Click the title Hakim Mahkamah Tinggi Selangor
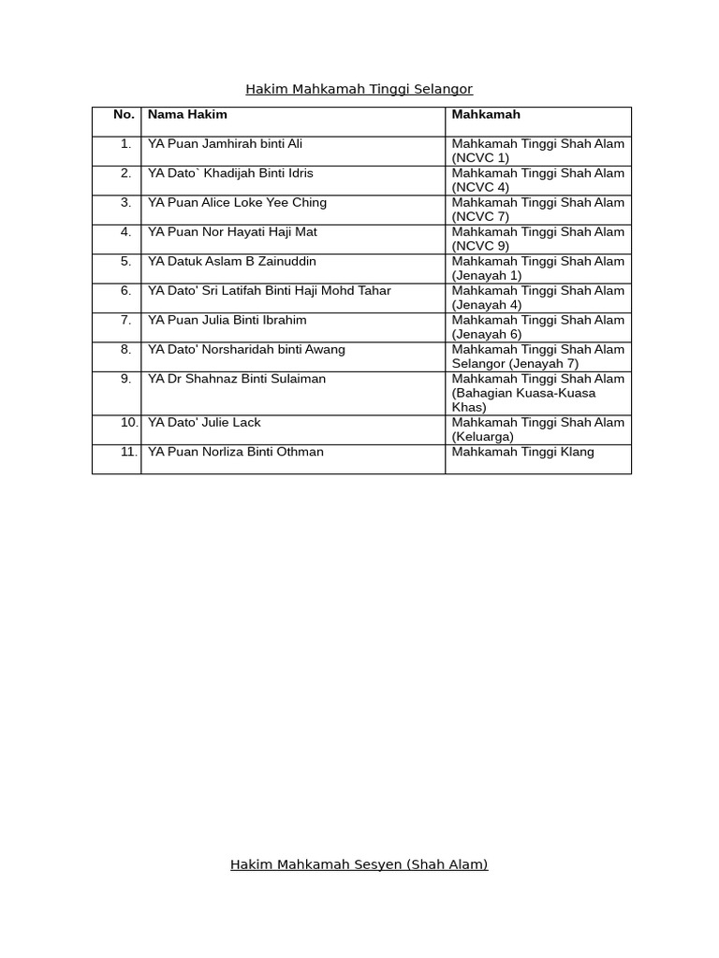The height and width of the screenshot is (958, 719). tap(359, 89)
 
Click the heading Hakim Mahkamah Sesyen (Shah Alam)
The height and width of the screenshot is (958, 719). tap(359, 864)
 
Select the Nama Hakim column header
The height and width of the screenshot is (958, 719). tap(187, 114)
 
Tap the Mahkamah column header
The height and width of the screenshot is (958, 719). tap(486, 114)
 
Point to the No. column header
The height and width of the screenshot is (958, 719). tap(124, 114)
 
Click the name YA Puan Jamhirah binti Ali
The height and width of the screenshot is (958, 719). tap(225, 144)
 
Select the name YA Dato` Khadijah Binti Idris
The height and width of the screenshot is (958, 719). tap(230, 173)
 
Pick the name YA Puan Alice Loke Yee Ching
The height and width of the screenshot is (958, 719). tap(237, 202)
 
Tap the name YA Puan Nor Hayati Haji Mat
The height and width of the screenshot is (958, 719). tap(232, 232)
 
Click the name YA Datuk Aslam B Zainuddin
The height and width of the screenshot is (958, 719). tap(231, 261)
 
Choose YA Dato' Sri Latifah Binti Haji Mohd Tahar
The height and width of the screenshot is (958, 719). tap(269, 291)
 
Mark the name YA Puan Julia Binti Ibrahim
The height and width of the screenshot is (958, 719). tap(227, 320)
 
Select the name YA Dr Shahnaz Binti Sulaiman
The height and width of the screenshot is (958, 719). tap(237, 379)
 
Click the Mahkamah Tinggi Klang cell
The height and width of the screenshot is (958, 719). tap(522, 452)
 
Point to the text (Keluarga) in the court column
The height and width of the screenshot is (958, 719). tap(483, 437)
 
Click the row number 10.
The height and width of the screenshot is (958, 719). tap(128, 423)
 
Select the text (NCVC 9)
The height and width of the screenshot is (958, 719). tap(480, 246)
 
